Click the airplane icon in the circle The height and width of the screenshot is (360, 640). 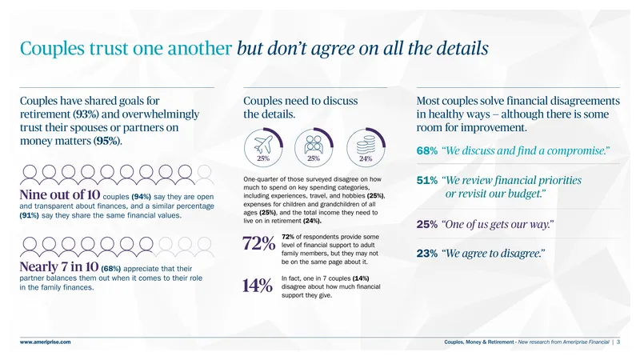pyautogui.click(x=263, y=144)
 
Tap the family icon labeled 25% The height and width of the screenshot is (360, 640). pyautogui.click(x=314, y=144)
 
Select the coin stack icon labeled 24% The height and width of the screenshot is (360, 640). pyautogui.click(x=366, y=145)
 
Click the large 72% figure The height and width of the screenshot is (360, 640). pyautogui.click(x=258, y=243)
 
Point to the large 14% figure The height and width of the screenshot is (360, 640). pyautogui.click(x=257, y=286)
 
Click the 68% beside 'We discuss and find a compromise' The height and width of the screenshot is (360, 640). pyautogui.click(x=427, y=151)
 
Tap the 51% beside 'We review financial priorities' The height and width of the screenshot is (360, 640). pyautogui.click(x=427, y=181)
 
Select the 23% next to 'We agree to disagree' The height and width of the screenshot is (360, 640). pyautogui.click(x=427, y=254)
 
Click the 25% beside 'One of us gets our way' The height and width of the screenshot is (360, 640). pyautogui.click(x=427, y=225)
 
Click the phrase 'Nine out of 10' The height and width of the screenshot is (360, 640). pyautogui.click(x=59, y=194)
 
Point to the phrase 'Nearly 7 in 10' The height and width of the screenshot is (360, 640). pyautogui.click(x=59, y=267)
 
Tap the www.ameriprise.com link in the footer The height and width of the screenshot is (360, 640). pyautogui.click(x=46, y=342)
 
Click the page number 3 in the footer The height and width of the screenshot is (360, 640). pyautogui.click(x=618, y=342)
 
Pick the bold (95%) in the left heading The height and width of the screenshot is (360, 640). pyautogui.click(x=107, y=142)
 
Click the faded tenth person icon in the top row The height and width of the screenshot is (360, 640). pyautogui.click(x=205, y=174)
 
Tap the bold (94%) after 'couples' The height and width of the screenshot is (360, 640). pyautogui.click(x=142, y=197)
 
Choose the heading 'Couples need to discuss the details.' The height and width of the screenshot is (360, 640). pyautogui.click(x=301, y=107)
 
